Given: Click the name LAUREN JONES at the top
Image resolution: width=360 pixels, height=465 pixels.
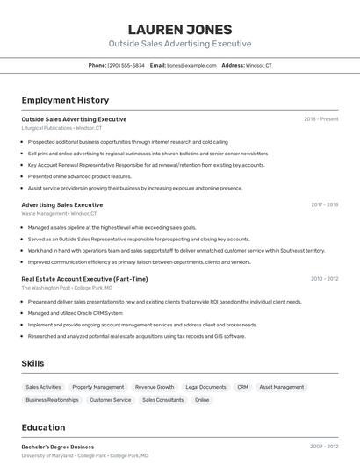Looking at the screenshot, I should coord(180,29).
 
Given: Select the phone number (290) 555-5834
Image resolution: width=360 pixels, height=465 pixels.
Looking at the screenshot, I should coord(126,65).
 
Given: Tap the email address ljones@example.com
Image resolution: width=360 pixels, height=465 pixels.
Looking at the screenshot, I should coord(191,65).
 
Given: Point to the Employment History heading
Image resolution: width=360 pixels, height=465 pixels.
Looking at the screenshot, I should coord(65,100).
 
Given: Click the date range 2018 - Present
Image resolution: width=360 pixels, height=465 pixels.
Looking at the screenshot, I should coord(321,118).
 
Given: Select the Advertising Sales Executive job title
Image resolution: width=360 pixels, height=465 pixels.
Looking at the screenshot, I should coord(61,204).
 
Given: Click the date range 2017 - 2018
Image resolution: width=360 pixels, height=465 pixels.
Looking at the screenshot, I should coord(324,204).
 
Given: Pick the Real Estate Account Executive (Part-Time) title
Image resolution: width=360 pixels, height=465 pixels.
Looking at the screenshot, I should coord(84,279).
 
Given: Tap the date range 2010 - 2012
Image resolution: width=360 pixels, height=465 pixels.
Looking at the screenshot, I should coord(324,279).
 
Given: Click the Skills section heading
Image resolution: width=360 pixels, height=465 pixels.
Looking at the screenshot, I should coord(33,363).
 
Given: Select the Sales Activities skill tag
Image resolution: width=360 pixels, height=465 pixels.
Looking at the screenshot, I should coord(43,387).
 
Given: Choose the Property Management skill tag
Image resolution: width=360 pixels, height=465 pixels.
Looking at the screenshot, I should coord(97,387).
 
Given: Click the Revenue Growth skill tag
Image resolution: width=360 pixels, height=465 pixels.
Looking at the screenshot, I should coord(155,387).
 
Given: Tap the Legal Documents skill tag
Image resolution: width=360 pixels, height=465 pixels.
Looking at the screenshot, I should coord(205,387).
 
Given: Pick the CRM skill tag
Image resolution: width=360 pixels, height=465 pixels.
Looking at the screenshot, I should coord(242,387).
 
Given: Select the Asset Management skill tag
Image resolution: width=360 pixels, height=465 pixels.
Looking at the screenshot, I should coord(282,387).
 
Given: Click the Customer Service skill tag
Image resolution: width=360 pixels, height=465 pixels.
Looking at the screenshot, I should coord(110,400).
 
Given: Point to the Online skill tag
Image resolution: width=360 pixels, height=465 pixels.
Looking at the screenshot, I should coord(202,400).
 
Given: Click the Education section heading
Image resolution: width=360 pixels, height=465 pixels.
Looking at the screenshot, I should coord(43,427).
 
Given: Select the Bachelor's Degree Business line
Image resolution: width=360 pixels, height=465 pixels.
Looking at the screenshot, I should coord(58,447).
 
